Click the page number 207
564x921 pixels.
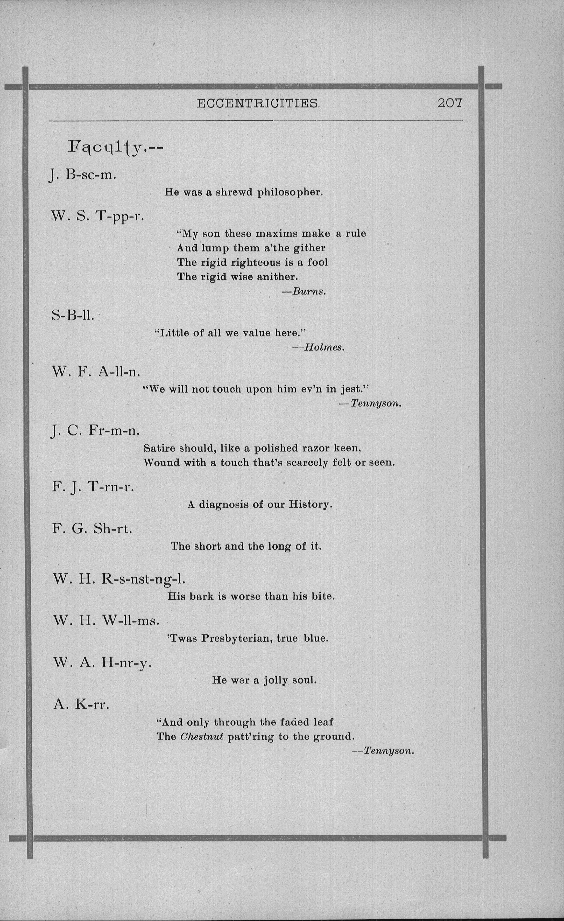coord(450,103)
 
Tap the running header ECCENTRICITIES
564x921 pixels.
coord(258,103)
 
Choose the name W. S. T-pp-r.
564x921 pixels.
coord(97,216)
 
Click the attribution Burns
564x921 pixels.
coord(309,291)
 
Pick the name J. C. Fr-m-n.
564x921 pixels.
coord(96,431)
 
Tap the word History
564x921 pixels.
coord(310,505)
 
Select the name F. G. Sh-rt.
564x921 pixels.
coord(92,529)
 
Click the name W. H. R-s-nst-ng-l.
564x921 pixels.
coord(119,579)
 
